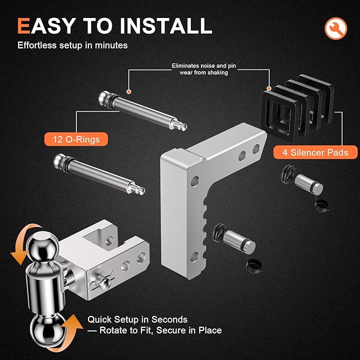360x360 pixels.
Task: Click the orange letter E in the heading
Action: [23, 25]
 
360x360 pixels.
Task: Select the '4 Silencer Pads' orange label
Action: [311, 153]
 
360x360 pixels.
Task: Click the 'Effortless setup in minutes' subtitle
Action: [72, 46]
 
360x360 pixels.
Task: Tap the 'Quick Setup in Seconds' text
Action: [137, 320]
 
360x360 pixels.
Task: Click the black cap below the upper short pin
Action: [320, 205]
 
